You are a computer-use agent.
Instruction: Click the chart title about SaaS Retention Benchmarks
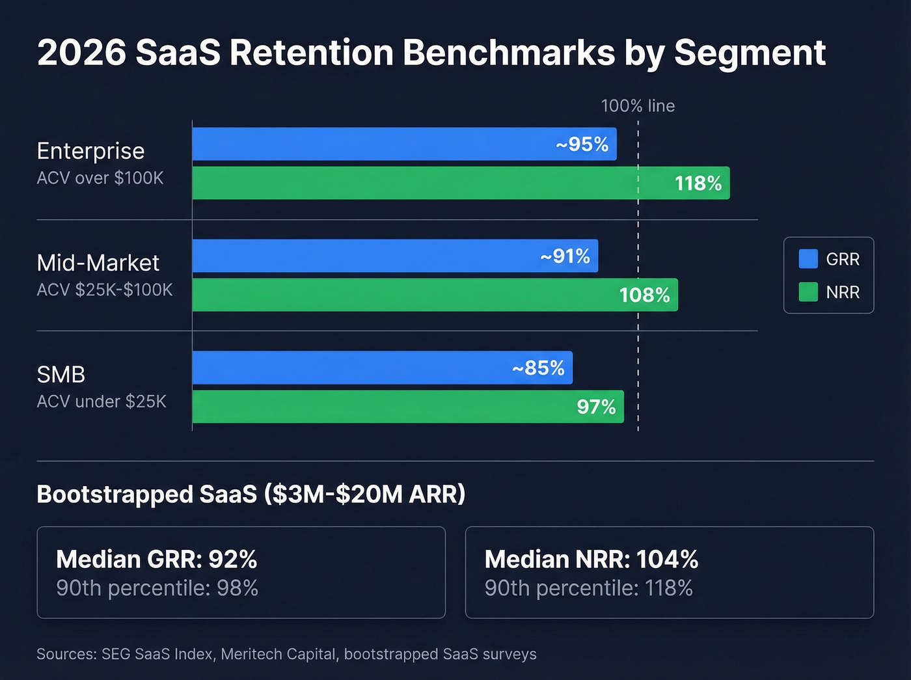pyautogui.click(x=431, y=53)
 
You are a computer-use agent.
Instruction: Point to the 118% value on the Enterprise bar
pyautogui.click(x=698, y=184)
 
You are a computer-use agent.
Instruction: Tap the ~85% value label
pyautogui.click(x=538, y=368)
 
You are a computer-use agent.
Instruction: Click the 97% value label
pyautogui.click(x=596, y=407)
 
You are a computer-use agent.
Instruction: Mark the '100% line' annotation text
pyautogui.click(x=638, y=106)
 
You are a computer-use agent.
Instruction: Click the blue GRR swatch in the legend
pyautogui.click(x=808, y=259)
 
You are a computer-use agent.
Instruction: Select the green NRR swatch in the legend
pyautogui.click(x=808, y=292)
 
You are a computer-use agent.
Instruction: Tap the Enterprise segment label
pyautogui.click(x=90, y=151)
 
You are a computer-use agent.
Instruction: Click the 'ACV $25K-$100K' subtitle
pyautogui.click(x=105, y=290)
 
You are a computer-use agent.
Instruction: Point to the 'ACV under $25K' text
pyautogui.click(x=102, y=401)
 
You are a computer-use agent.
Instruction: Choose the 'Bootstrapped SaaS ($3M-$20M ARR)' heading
pyautogui.click(x=251, y=495)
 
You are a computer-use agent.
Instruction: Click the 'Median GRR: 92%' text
pyautogui.click(x=156, y=560)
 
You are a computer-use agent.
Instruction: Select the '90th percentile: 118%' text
pyautogui.click(x=588, y=588)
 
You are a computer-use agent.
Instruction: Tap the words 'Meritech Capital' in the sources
pyautogui.click(x=279, y=654)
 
